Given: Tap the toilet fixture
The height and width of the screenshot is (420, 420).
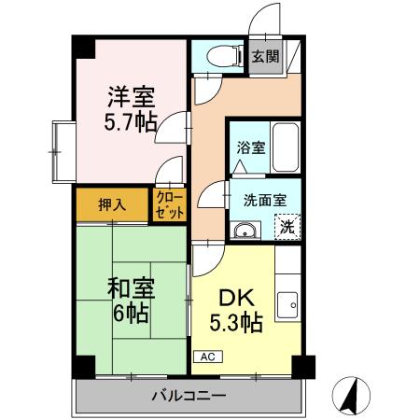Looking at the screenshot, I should click(216, 56).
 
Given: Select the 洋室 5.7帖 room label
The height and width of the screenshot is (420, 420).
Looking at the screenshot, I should click(131, 109).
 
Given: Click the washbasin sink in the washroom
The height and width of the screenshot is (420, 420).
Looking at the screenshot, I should click(246, 231).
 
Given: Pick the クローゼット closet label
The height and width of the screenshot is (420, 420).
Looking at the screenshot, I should click(170, 203).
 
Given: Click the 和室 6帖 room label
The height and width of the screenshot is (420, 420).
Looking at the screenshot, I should click(130, 301).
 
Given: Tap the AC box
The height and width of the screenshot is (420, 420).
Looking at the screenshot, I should click(206, 357).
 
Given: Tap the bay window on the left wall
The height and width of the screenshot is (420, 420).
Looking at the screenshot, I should click(62, 148).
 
